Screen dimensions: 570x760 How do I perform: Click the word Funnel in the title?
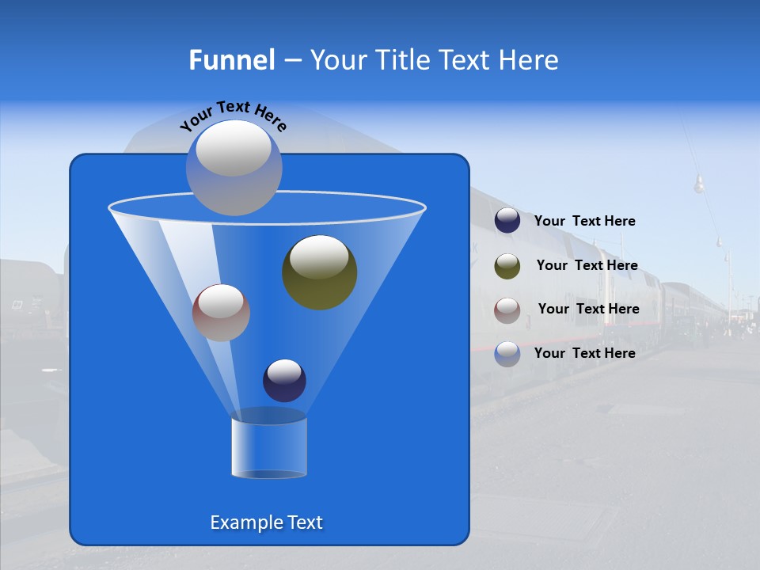[x=231, y=60]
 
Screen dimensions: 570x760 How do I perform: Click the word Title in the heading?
[x=401, y=60]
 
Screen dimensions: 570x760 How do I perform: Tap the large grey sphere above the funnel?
[x=234, y=167]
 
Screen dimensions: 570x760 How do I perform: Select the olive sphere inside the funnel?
[x=319, y=272]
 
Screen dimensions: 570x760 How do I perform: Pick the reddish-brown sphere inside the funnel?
[x=221, y=312]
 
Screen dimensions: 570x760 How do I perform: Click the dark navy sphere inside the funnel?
[x=284, y=380]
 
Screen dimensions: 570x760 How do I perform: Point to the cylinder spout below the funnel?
[x=268, y=448]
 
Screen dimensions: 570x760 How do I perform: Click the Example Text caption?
[x=266, y=522]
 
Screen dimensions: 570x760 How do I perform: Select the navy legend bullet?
[x=507, y=221]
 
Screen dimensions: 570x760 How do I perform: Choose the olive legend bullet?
[x=507, y=266]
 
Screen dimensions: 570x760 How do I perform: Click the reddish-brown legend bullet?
[x=507, y=310]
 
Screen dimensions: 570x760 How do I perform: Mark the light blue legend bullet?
[x=507, y=354]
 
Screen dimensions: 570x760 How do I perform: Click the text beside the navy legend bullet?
[x=584, y=222]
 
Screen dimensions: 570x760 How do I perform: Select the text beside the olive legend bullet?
[x=587, y=266]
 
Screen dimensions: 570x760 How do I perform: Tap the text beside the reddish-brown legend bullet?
[x=588, y=310]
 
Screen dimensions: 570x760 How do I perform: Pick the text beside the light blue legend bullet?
[x=584, y=354]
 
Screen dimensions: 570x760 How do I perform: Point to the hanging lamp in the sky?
[x=699, y=185]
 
